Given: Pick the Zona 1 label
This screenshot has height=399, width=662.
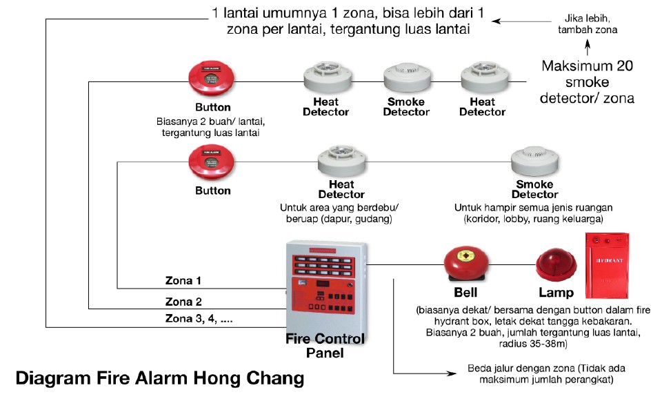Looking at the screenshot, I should click(x=183, y=281).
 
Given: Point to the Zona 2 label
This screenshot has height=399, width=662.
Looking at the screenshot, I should click(x=183, y=301).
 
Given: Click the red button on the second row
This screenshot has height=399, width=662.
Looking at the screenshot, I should click(x=212, y=163).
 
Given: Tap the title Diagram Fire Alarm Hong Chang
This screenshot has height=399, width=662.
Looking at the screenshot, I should click(x=159, y=378).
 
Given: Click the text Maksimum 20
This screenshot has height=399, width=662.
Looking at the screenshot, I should click(x=587, y=67).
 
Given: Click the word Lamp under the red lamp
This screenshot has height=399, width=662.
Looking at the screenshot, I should click(x=555, y=293).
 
